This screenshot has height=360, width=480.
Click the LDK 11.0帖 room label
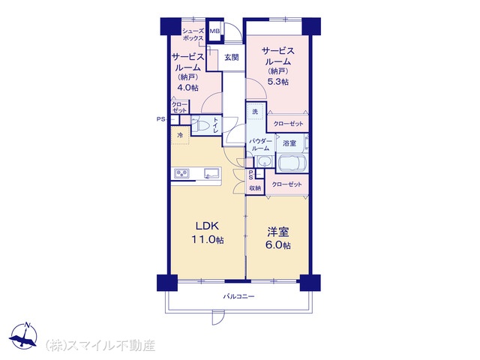point(208,232)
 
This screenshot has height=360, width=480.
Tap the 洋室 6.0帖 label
point(278,238)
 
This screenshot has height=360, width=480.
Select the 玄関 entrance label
point(232,58)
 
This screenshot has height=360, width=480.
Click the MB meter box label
point(214,31)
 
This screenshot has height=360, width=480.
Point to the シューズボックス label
point(193,34)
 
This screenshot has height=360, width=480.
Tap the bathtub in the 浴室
point(292,162)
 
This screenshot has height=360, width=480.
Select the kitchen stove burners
point(181,173)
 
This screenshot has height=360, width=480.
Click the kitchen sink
point(211,173)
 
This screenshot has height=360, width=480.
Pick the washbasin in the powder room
point(265,161)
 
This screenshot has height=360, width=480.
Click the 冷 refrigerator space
point(180,135)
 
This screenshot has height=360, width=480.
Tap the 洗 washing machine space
point(255,112)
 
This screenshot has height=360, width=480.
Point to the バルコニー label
point(238,296)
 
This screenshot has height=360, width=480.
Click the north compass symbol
point(23,335)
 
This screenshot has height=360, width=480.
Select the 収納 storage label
point(255,188)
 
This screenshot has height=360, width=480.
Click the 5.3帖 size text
point(278,82)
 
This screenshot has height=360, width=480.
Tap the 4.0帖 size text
point(188,88)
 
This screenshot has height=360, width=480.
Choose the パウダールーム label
point(259,145)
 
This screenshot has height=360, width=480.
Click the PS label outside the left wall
point(160,119)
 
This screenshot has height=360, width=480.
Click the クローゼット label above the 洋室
point(286,184)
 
